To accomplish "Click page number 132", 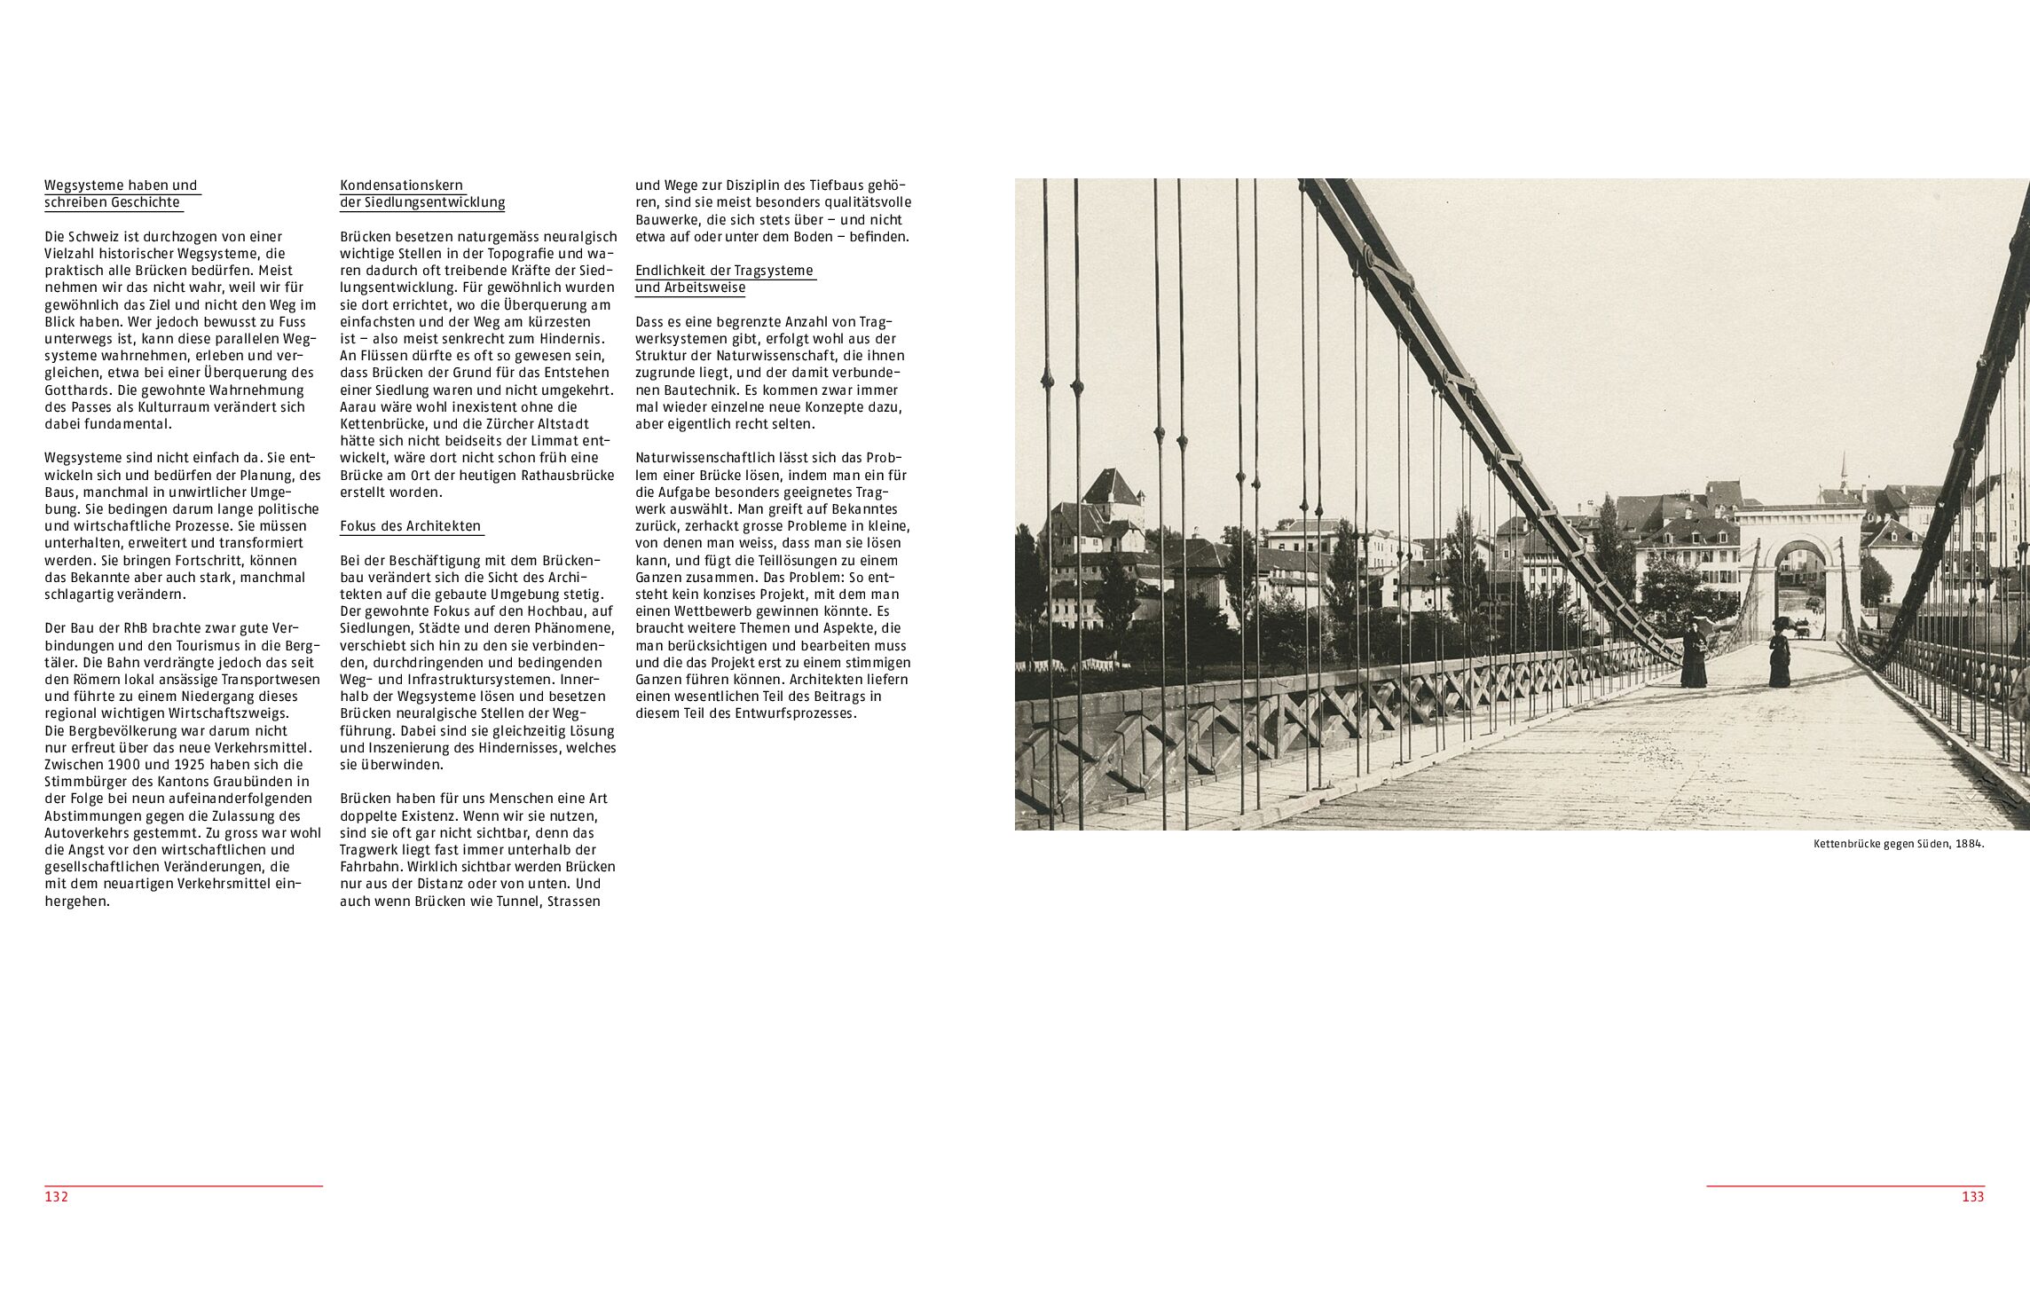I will pyautogui.click(x=57, y=1196).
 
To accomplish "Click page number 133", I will pyautogui.click(x=1972, y=1196).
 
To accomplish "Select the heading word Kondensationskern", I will pyautogui.click(x=402, y=185).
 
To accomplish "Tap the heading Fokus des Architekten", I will pyautogui.click(x=410, y=526).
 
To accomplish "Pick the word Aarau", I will pyautogui.click(x=361, y=407).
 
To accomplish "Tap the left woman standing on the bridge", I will pyautogui.click(x=1694, y=655).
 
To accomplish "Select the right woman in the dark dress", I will pyautogui.click(x=1779, y=657).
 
